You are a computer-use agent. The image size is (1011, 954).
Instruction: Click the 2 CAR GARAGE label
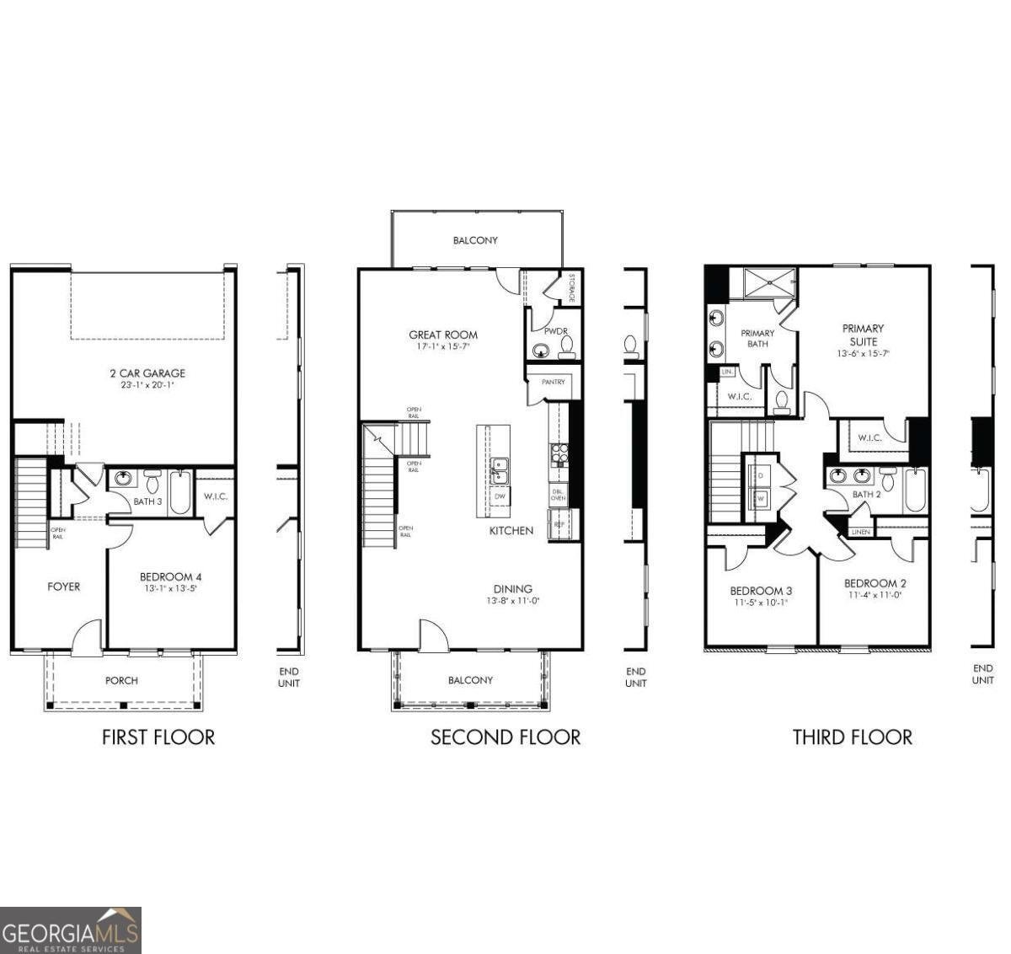(147, 373)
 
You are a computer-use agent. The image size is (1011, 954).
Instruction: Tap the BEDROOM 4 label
(170, 577)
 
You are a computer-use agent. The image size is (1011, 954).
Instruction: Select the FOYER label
(64, 587)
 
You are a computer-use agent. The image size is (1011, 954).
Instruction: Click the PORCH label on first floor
(121, 680)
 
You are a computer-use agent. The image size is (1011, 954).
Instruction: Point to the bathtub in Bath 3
(180, 493)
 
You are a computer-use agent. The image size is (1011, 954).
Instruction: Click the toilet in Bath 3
(152, 483)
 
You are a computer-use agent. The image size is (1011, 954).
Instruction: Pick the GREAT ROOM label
(443, 335)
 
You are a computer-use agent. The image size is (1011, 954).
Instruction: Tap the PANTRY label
(554, 383)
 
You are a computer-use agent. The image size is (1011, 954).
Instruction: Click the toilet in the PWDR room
(566, 346)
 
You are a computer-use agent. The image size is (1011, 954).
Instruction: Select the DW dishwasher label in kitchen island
(500, 496)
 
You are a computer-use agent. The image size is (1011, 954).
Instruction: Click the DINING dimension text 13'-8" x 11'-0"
(512, 602)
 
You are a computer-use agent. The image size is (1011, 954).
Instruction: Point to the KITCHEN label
(511, 531)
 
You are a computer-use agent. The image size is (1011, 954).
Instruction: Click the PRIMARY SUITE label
(863, 335)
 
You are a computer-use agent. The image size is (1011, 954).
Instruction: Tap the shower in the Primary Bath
(769, 281)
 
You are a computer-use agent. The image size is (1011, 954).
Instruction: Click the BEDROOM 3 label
(761, 591)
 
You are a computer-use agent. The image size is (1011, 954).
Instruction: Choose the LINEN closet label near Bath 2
(860, 532)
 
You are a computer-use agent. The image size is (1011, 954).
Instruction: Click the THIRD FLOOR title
(852, 737)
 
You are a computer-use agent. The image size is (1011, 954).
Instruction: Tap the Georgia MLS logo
(71, 930)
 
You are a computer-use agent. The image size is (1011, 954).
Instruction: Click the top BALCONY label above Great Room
(475, 240)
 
